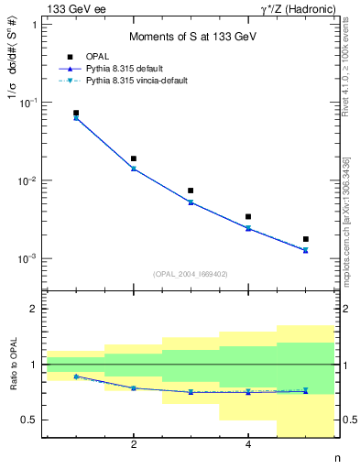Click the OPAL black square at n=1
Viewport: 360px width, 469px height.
click(76, 113)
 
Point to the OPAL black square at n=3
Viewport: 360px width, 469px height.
click(191, 191)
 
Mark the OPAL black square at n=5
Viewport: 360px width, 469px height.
click(305, 239)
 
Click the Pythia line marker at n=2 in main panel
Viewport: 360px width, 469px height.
click(134, 169)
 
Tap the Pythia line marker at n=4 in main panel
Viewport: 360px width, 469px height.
click(248, 228)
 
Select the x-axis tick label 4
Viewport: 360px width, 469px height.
click(248, 445)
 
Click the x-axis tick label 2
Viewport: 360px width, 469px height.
click(134, 445)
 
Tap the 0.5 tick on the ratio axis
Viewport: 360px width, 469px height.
click(31, 420)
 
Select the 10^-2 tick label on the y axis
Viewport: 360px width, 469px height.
click(27, 180)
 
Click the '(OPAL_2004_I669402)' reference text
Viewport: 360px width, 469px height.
click(191, 273)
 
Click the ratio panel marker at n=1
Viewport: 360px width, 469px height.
click(76, 376)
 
